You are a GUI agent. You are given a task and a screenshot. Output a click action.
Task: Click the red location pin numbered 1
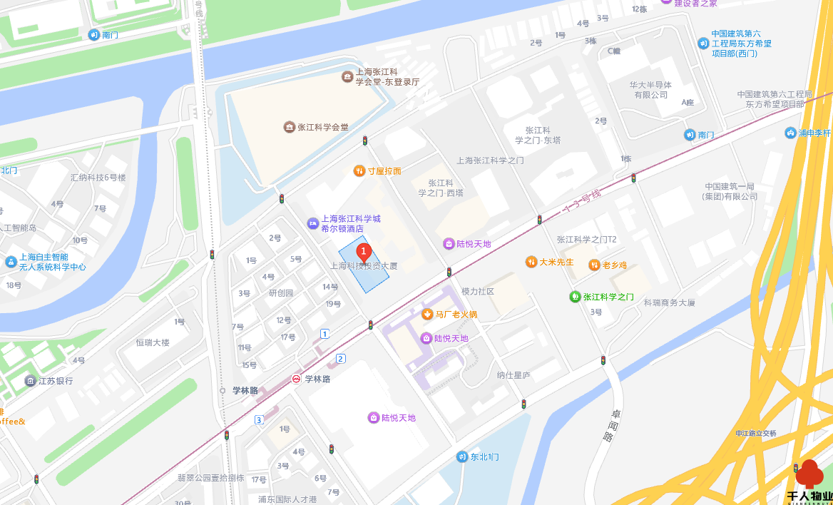[364, 252]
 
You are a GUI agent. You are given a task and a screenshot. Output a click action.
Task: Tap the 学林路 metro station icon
[295, 379]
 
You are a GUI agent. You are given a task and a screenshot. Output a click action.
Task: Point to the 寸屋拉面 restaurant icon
[359, 171]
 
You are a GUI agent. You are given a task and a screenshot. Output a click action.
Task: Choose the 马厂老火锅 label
[456, 314]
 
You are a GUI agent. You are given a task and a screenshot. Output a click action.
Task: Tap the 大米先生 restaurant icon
[531, 262]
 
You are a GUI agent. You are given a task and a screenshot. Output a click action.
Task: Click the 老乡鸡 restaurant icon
[594, 265]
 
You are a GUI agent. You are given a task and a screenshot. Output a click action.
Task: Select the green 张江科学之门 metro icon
[575, 297]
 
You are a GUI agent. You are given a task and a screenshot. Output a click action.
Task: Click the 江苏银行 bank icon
[30, 381]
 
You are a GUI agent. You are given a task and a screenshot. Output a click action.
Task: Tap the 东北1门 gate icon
[462, 456]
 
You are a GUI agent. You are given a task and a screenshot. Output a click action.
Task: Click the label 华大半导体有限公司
[649, 89]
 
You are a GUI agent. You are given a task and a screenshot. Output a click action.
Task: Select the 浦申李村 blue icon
[790, 133]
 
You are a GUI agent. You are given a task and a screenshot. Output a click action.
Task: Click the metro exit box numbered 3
[259, 419]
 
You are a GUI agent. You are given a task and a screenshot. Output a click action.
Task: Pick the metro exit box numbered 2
[341, 358]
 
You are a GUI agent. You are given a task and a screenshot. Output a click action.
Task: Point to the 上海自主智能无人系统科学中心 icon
[11, 262]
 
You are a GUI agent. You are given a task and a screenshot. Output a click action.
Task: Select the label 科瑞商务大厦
[669, 302]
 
